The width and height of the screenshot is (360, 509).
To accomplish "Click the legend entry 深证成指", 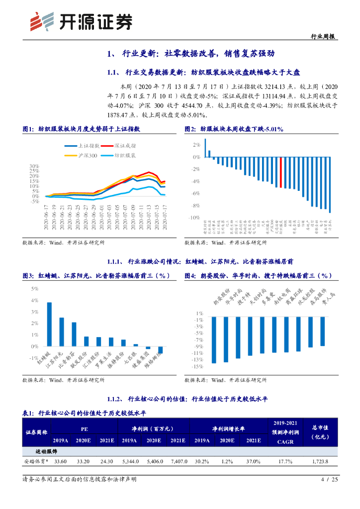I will click(125, 146).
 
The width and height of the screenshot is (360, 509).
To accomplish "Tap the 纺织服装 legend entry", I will click(125, 156).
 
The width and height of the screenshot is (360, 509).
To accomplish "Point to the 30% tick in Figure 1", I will click(34, 166).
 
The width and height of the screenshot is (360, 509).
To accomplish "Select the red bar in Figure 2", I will click(281, 172).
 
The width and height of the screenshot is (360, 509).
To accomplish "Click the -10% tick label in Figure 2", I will click(194, 218).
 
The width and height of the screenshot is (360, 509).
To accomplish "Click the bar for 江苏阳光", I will click(62, 332).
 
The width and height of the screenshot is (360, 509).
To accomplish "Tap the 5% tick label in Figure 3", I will click(35, 289).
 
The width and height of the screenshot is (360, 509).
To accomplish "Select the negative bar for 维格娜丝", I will click(160, 350).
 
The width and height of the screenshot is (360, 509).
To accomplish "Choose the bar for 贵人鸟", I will click(322, 331).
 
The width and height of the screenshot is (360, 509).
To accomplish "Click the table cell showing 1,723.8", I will click(324, 462).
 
